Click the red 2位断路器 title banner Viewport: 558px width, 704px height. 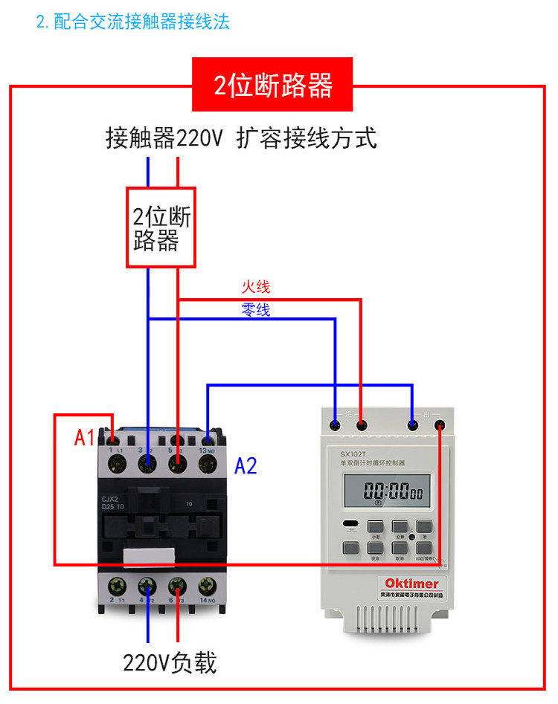tap(272, 85)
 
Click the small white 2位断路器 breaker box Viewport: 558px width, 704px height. tap(161, 227)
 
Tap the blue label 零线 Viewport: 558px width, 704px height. tap(255, 310)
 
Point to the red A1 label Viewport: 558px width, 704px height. tap(85, 438)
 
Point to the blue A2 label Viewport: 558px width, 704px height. tap(246, 466)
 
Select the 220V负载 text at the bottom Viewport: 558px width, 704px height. tap(170, 662)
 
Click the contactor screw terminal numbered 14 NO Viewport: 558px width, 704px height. tap(207, 585)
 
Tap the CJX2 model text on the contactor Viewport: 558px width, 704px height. tap(112, 500)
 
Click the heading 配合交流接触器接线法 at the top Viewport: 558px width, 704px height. tap(133, 21)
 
